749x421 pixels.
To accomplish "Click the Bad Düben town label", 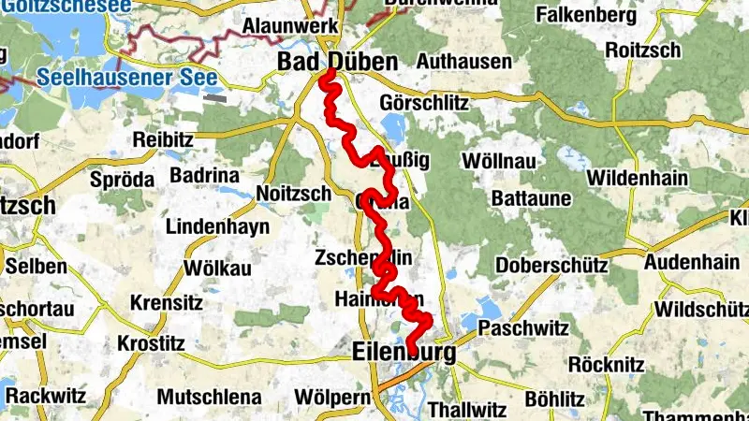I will point(337,62).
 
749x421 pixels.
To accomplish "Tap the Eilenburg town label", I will point(404,353).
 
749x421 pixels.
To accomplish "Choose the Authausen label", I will point(464,63).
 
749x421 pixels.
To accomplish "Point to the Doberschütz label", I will point(551,265).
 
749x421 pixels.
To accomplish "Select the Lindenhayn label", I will point(217,226).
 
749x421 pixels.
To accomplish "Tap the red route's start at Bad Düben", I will point(329,74).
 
